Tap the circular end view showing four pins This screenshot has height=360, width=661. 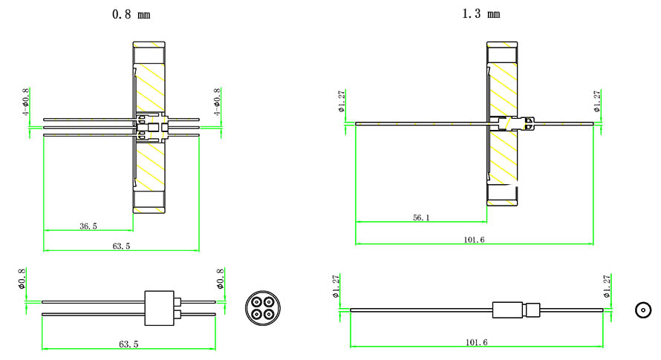click(261, 308)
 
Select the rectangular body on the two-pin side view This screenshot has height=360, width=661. click(158, 308)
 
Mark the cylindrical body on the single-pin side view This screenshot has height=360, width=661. click(508, 310)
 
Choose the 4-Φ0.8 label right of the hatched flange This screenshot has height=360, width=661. click(217, 102)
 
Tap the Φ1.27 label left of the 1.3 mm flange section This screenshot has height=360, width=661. click(342, 101)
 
